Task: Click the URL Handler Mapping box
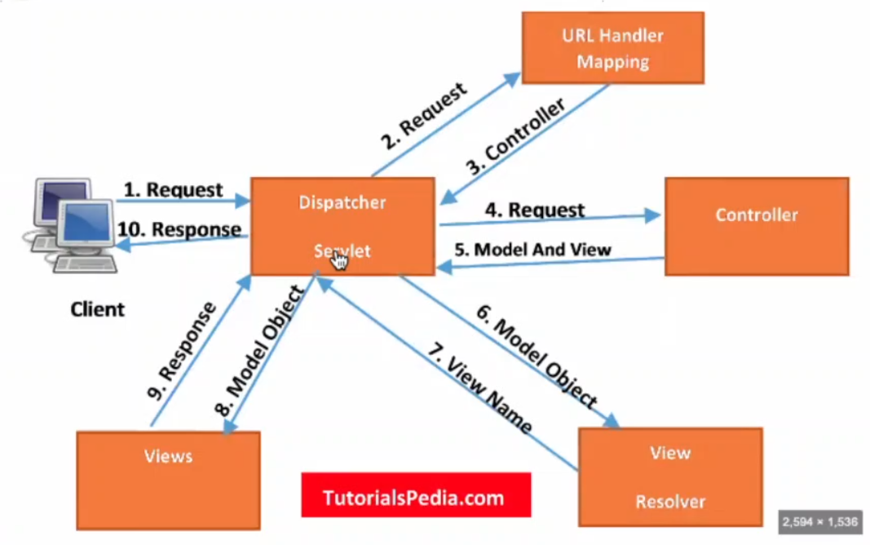coord(612,48)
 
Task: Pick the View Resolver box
coord(670,476)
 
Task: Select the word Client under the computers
coord(98,309)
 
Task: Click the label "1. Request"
coord(173,190)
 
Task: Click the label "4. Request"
coord(536,210)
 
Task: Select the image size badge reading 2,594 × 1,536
coord(819,521)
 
